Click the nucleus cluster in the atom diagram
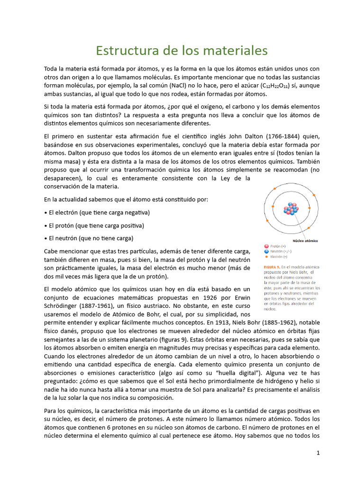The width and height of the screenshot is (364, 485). click(x=291, y=209)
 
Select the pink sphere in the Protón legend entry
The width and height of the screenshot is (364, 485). click(x=266, y=246)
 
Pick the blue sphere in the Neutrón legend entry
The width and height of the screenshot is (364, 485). click(x=266, y=251)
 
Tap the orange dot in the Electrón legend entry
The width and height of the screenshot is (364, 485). click(x=266, y=257)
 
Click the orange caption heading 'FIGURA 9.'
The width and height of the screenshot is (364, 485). click(x=274, y=267)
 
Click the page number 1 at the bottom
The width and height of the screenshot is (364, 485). click(x=318, y=453)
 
